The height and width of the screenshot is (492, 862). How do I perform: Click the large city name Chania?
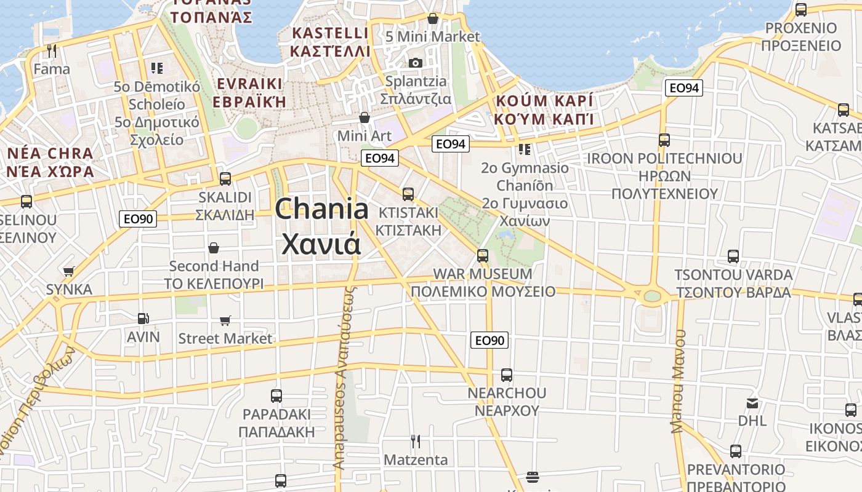point(321,209)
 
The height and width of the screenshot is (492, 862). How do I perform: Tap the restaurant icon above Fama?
point(52,50)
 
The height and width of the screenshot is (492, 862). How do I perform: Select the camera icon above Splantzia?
point(416,63)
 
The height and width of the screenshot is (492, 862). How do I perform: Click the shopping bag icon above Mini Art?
point(365,117)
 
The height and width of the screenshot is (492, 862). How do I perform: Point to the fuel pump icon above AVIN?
point(143,319)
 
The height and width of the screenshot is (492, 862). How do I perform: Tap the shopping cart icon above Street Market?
point(225,320)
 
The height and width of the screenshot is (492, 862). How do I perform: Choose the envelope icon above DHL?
point(752,403)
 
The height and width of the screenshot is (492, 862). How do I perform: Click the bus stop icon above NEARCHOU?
point(507,375)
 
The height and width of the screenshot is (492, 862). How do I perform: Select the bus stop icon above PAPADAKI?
point(276,395)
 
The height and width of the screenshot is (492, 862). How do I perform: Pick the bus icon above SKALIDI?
point(225,179)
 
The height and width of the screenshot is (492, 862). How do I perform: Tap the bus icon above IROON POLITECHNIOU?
point(664,140)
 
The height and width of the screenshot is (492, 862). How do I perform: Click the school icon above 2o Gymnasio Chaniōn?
point(524,149)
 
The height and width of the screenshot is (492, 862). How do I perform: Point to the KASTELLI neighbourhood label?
point(331,33)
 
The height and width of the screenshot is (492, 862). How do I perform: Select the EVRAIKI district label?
point(249,84)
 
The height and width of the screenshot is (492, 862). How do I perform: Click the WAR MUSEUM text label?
point(483,274)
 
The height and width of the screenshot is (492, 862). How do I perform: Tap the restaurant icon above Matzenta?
point(416,441)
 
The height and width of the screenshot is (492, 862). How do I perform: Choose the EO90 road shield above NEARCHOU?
point(489,340)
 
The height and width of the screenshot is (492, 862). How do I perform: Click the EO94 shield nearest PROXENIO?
point(683,88)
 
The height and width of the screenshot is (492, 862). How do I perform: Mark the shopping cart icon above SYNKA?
point(69,271)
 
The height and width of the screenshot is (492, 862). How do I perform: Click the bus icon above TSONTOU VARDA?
point(733,256)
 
